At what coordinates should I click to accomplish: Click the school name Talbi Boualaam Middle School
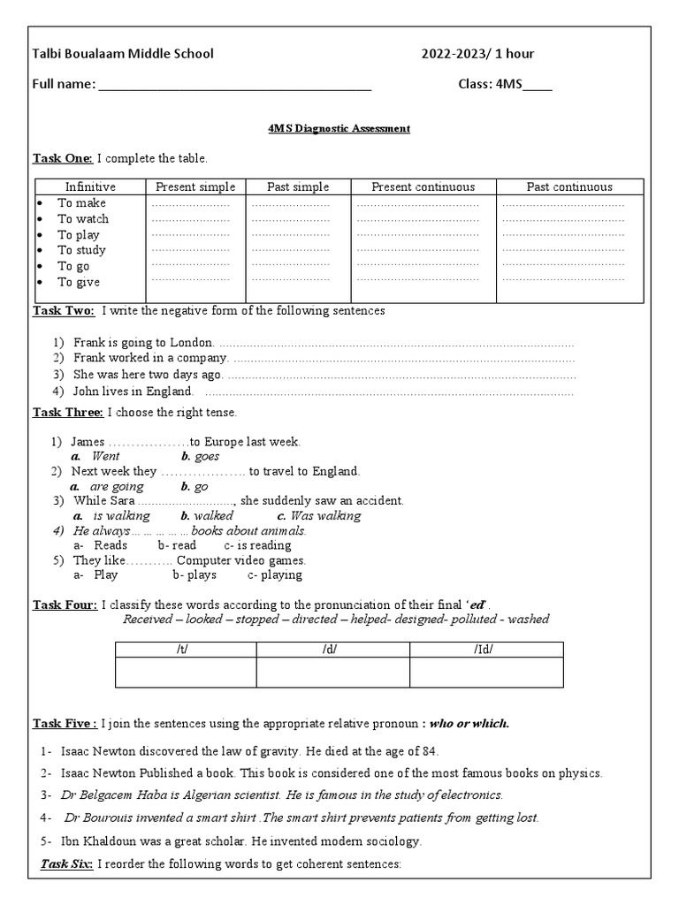(x=123, y=54)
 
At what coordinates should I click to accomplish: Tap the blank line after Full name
(x=234, y=87)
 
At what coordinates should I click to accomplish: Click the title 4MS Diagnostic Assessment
(x=339, y=128)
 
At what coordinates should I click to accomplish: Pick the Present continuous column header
(x=423, y=186)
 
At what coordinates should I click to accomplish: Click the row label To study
(x=81, y=250)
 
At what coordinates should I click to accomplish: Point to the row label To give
(x=79, y=282)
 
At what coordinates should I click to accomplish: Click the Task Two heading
(x=64, y=311)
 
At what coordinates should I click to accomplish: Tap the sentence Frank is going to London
(x=143, y=342)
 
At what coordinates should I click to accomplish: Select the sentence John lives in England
(x=133, y=391)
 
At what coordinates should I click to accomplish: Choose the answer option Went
(x=105, y=456)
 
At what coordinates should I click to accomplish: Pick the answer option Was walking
(x=325, y=515)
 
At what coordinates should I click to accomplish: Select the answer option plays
(x=200, y=574)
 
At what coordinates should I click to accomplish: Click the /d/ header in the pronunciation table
(x=332, y=650)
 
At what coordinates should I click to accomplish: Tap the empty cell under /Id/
(x=485, y=673)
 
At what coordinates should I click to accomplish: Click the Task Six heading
(x=67, y=863)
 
